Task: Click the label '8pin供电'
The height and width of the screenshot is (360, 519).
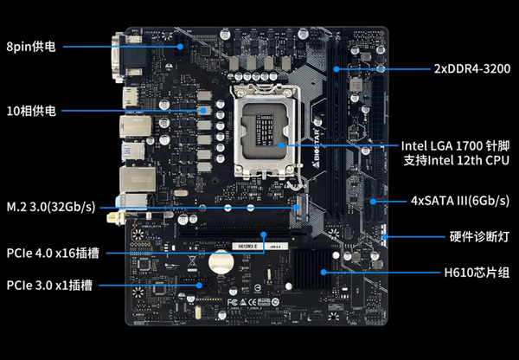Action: [31, 47]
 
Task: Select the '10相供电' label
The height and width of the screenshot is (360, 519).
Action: [31, 111]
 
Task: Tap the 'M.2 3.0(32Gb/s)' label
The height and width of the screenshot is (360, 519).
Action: [51, 207]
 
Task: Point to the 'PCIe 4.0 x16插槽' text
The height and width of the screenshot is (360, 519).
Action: [53, 254]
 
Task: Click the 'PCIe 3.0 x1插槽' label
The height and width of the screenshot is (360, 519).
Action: [49, 286]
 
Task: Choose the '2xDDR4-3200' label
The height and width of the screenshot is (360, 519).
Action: [472, 69]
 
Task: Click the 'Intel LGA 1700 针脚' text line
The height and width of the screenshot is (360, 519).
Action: [455, 145]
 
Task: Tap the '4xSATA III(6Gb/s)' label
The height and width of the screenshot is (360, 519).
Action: [460, 201]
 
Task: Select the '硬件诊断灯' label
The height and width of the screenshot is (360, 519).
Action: [479, 237]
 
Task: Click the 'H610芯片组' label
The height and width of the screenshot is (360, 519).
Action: [477, 273]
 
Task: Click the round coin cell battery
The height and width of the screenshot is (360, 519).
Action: [221, 262]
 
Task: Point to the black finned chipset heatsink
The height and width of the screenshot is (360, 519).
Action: [312, 270]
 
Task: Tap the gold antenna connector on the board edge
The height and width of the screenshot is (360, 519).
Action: [116, 217]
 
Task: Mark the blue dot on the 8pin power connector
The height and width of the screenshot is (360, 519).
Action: [180, 47]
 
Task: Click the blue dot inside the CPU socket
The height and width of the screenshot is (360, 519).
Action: [280, 145]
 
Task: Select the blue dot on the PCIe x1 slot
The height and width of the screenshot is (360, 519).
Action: [199, 286]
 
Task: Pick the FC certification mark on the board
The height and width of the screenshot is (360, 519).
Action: [233, 302]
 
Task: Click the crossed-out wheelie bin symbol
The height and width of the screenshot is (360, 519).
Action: [192, 260]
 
